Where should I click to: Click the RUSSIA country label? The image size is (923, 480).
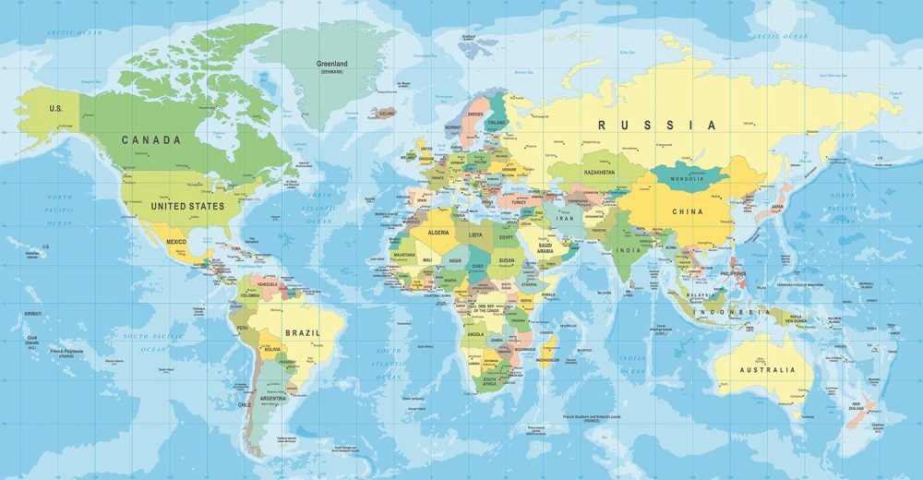click(x=656, y=125)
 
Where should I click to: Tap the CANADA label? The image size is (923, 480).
click(x=151, y=140)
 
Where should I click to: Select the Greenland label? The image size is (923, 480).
click(x=331, y=65)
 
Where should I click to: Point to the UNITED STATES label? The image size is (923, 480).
click(x=187, y=206)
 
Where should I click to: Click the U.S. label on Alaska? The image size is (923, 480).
click(x=55, y=109)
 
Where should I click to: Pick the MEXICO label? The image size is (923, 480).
click(x=176, y=241)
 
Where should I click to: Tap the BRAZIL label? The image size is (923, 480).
click(x=303, y=332)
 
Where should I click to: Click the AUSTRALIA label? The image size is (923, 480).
click(x=767, y=370)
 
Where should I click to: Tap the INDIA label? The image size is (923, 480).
click(x=629, y=250)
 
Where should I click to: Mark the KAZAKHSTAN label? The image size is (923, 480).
click(x=599, y=173)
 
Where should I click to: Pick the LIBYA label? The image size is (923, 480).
click(x=475, y=234)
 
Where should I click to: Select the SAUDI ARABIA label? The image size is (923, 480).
click(x=545, y=247)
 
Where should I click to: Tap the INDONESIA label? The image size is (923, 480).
click(x=736, y=312)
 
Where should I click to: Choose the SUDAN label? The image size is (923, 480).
click(x=508, y=260)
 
